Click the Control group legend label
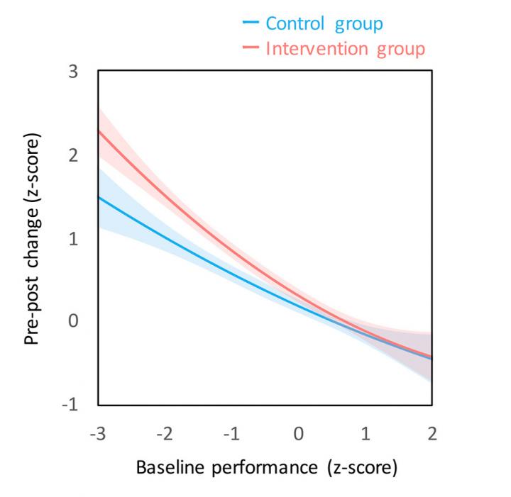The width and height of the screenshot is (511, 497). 324,23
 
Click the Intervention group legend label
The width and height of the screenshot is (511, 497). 345,49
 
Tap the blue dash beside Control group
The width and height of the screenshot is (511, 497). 251,23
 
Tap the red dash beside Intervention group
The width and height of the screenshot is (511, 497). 251,49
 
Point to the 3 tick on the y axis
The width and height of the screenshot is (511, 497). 74,72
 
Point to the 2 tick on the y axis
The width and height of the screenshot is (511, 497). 74,155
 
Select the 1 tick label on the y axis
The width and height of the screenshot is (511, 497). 74,239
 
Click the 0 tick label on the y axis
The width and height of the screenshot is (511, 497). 74,322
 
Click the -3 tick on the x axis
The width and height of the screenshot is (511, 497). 98,434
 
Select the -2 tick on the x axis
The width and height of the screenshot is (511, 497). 165,434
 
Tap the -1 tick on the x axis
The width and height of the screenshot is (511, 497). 231,434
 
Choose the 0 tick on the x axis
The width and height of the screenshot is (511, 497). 299,434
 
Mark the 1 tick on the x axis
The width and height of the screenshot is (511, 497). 366,434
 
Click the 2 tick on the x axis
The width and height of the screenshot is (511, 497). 432,434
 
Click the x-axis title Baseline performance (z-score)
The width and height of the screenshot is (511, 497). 265,469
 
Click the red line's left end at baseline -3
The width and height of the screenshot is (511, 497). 99,131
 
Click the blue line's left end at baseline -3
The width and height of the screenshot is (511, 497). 99,197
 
